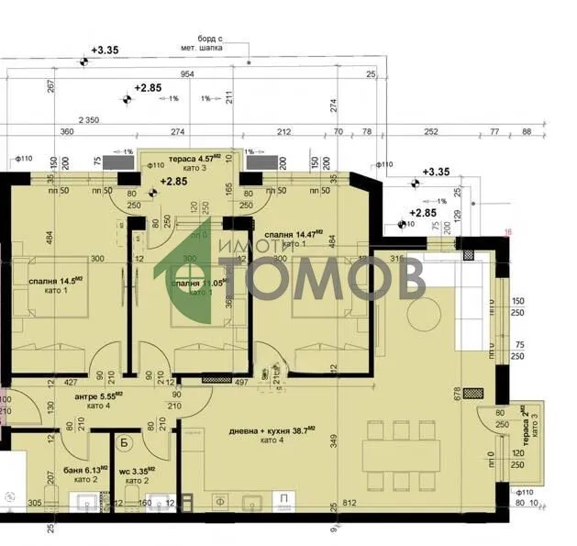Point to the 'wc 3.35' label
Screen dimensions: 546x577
point(138,473)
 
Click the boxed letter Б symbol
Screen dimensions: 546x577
point(124,449)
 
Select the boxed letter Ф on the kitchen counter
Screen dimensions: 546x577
point(220,502)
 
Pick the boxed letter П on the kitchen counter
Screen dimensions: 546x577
point(285,501)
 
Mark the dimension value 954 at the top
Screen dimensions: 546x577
point(188,73)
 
